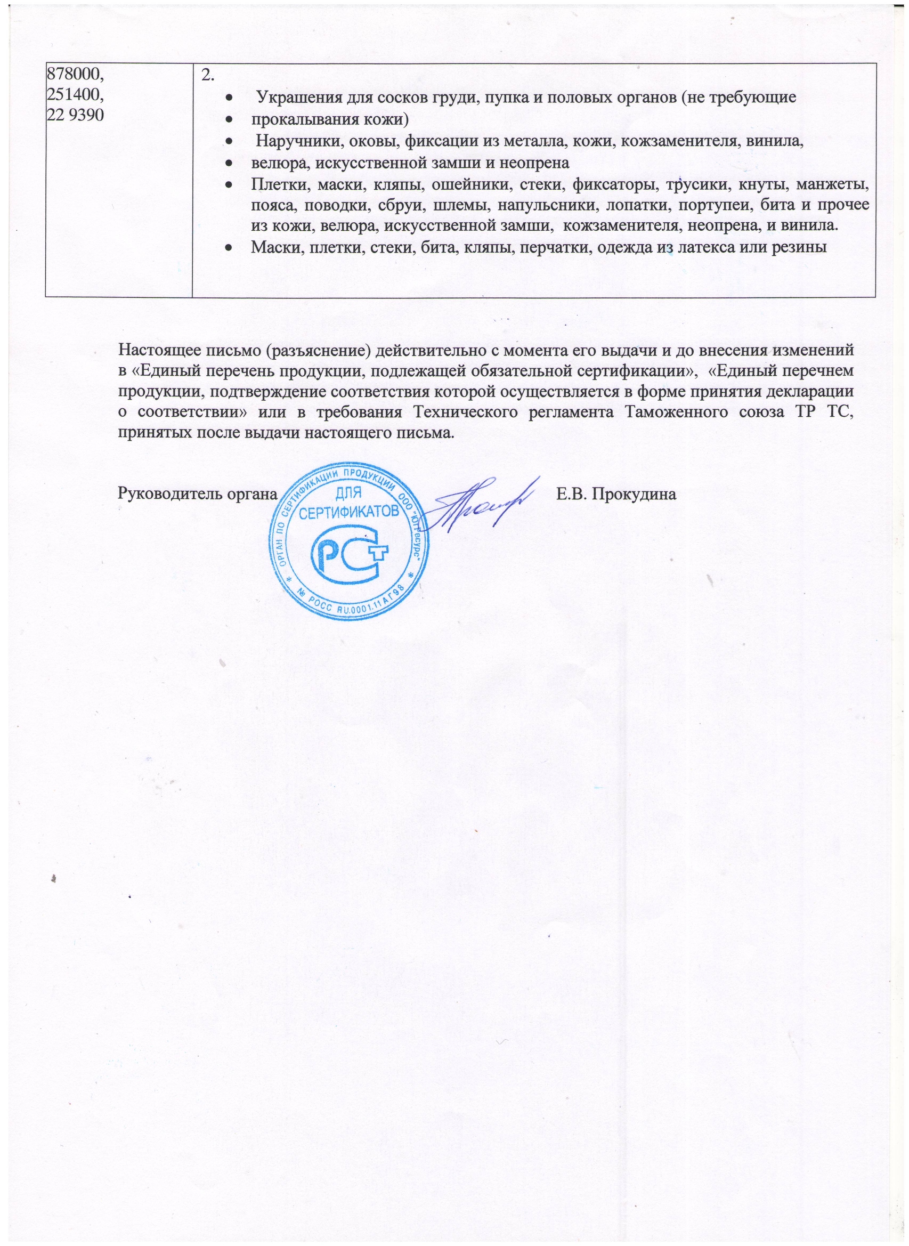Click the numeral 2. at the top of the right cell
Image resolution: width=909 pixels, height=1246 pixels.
207,75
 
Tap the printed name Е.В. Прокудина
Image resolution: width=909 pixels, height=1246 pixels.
616,493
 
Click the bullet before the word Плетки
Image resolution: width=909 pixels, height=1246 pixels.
228,184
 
